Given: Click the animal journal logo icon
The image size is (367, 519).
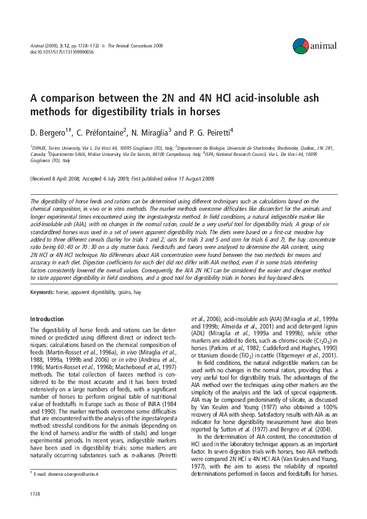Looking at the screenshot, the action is click(x=301, y=45).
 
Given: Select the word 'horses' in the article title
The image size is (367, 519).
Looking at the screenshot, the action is click(x=187, y=112).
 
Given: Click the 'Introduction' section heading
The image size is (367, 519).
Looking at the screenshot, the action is click(x=47, y=319).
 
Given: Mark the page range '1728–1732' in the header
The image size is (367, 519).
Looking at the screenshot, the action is click(x=83, y=46).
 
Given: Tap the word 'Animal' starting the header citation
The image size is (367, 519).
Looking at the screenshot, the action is click(x=38, y=46).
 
